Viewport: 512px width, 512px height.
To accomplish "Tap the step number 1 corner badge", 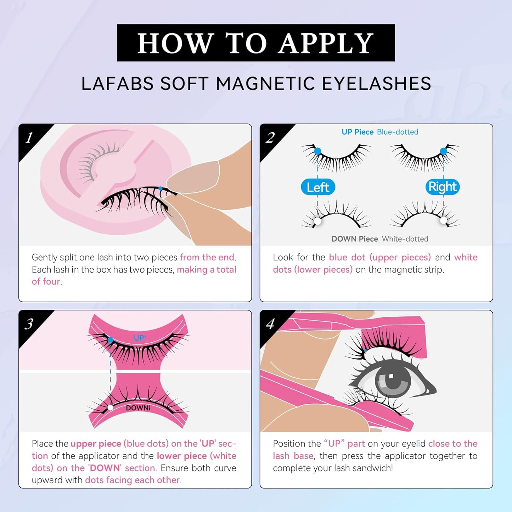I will tap(29, 137).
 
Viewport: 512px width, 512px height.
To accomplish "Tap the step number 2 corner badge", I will tap(270, 137).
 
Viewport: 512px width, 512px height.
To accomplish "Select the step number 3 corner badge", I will tap(29, 323).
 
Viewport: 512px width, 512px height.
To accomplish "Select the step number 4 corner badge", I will tap(270, 323).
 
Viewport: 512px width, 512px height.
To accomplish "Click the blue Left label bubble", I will tap(318, 187).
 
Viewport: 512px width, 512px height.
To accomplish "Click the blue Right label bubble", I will tap(442, 187).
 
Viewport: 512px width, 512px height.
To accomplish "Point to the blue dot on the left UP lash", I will tap(317, 151).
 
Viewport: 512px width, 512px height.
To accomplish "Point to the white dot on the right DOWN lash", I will tap(444, 220).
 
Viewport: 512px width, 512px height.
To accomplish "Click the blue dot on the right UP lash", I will tap(444, 151).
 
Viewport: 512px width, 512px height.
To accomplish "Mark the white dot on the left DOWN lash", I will tap(317, 221).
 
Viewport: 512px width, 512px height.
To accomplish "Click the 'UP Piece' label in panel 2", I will tap(357, 132).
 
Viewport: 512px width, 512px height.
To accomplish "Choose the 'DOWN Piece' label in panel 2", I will tap(354, 239).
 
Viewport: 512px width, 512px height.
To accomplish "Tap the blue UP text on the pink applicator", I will tap(139, 338).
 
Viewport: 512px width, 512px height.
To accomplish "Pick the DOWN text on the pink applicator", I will tap(138, 408).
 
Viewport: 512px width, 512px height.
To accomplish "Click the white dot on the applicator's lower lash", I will tap(111, 407).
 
